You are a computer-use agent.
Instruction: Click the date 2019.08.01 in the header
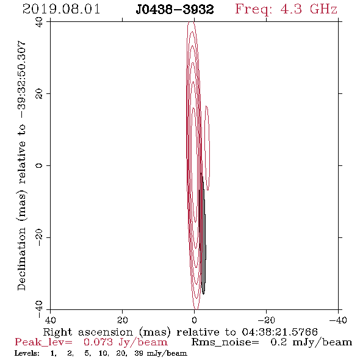click(x=61, y=9)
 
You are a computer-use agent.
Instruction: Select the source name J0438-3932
click(x=175, y=10)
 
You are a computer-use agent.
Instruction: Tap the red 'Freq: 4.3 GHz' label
click(x=286, y=9)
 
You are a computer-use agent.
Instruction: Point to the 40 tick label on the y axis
click(x=39, y=22)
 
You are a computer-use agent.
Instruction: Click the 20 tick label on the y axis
click(x=39, y=94)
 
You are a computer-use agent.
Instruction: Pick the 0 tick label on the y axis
click(x=39, y=165)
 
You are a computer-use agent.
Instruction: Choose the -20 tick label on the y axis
click(x=39, y=237)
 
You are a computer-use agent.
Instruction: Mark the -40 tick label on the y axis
click(x=39, y=309)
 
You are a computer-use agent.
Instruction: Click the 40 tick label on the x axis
click(x=50, y=320)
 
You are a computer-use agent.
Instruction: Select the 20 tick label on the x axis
click(x=122, y=320)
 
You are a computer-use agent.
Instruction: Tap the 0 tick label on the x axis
click(x=194, y=320)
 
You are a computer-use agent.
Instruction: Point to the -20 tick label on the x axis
click(x=266, y=320)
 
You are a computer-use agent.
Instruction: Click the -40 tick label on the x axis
click(x=338, y=320)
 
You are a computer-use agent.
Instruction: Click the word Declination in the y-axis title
click(x=21, y=259)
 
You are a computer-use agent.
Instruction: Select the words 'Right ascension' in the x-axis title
click(x=88, y=332)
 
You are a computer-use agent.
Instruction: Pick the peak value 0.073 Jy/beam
click(x=125, y=342)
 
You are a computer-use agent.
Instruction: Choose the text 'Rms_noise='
click(x=225, y=342)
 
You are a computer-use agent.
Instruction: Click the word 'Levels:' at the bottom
click(x=27, y=353)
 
